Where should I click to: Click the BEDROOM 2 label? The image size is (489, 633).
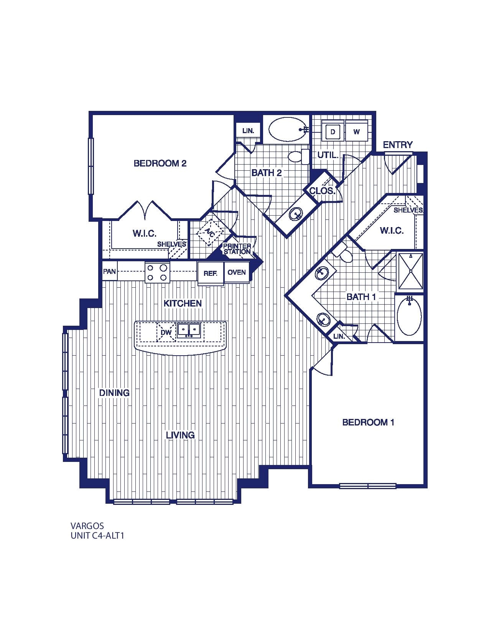tap(160, 163)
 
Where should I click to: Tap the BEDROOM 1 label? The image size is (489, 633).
tap(368, 422)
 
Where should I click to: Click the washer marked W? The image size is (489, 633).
tap(357, 132)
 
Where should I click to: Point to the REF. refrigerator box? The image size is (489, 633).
tap(210, 274)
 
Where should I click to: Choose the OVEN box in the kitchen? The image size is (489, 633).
tap(237, 272)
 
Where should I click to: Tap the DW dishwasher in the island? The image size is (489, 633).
tap(166, 332)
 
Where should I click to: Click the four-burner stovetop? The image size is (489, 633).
tap(157, 273)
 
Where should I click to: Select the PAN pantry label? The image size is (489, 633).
tap(109, 272)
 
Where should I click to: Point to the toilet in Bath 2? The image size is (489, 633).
tap(297, 157)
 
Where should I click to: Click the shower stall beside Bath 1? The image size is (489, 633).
tap(411, 271)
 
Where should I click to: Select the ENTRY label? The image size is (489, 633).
tap(398, 145)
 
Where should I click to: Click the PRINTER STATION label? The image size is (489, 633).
tap(237, 249)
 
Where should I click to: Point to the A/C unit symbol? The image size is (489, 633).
tap(210, 232)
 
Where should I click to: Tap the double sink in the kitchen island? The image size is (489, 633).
tap(189, 330)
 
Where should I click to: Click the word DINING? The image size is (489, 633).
tap(114, 393)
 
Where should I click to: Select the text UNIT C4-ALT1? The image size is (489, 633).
tap(97, 536)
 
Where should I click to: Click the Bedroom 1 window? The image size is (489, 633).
tap(367, 486)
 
